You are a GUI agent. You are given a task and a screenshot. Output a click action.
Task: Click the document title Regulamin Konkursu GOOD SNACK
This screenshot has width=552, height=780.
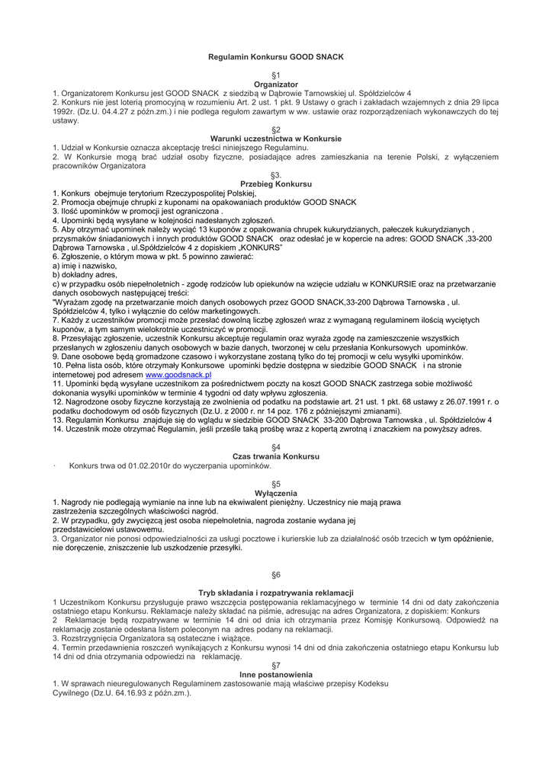[x=276, y=57]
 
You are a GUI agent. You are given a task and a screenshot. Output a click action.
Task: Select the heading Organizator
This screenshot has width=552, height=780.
[x=276, y=83]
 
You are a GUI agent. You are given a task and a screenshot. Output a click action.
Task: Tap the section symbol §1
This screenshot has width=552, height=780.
[x=276, y=75]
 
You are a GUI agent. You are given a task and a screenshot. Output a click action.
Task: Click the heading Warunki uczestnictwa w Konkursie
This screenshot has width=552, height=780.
[x=276, y=139]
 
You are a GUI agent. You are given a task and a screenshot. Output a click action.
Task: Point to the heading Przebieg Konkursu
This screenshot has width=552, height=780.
[x=276, y=184]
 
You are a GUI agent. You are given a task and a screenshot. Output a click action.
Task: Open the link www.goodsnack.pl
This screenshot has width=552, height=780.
[x=178, y=376]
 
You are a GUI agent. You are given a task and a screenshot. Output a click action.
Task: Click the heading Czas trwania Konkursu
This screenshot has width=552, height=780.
[x=276, y=456]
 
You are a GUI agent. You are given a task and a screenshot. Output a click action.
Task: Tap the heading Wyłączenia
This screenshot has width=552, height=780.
[x=276, y=493]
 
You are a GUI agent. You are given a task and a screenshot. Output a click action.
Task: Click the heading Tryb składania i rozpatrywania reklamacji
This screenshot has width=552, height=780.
[x=276, y=593]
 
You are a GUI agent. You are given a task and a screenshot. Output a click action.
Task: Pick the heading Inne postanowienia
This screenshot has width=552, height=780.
[x=276, y=675]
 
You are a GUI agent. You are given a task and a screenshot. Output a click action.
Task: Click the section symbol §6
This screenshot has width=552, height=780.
[x=276, y=574]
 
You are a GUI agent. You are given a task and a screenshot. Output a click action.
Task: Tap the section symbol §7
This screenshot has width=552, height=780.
[x=276, y=666]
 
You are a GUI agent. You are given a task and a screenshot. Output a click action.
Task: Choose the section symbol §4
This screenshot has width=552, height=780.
[x=276, y=447]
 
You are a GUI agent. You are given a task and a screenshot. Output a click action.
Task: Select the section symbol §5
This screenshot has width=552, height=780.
[x=276, y=484]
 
